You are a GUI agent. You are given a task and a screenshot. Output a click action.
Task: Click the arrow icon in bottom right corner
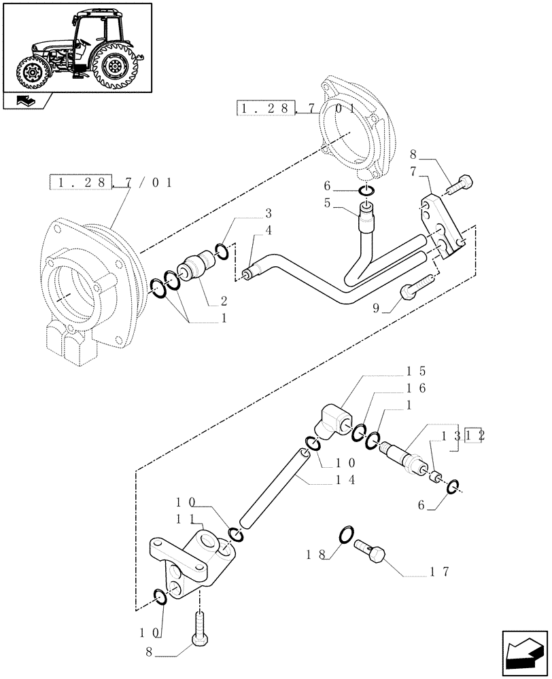[x=524, y=653]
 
